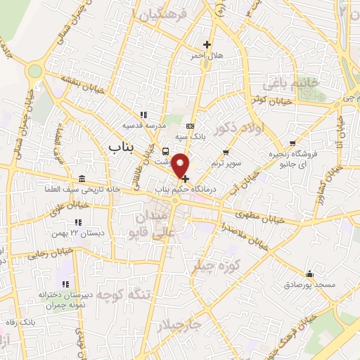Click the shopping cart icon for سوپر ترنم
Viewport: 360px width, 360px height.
(x=225, y=153)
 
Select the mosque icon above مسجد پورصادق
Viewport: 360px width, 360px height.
(x=309, y=274)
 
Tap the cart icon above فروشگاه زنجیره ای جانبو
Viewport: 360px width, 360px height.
(x=292, y=144)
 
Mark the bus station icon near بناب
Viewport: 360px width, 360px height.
(x=165, y=151)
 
